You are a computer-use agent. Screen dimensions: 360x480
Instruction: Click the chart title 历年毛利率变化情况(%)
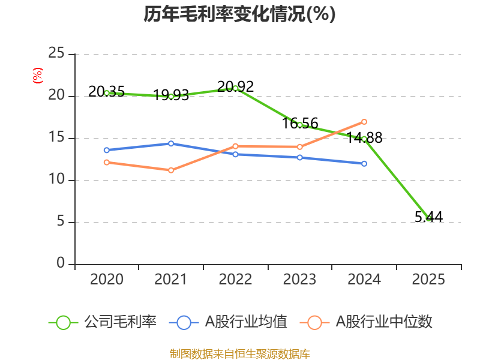(239, 14)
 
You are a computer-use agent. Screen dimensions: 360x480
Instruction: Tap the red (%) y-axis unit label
(37, 76)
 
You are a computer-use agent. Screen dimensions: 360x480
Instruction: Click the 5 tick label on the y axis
(60, 222)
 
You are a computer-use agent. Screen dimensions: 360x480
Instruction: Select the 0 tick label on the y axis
(60, 264)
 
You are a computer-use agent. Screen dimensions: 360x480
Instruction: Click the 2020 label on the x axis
(107, 280)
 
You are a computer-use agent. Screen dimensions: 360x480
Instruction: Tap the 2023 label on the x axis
(299, 280)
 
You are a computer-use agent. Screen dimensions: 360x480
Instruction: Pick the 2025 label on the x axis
(428, 280)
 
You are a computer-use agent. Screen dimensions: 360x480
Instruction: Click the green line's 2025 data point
(428, 218)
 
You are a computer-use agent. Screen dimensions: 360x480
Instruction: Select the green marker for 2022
(235, 88)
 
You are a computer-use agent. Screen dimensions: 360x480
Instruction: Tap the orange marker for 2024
(364, 122)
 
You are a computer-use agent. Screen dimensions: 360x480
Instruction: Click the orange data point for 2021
(171, 170)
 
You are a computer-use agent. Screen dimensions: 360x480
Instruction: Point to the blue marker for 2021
(171, 143)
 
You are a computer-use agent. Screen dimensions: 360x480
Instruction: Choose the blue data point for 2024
(364, 163)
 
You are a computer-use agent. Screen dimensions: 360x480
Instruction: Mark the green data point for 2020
(107, 93)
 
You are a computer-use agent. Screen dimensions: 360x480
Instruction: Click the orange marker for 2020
(107, 162)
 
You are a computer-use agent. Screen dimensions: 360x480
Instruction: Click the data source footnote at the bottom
(239, 353)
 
